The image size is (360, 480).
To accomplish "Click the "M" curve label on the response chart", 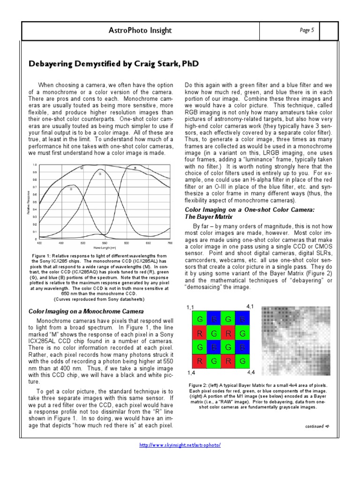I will (x=82, y=167).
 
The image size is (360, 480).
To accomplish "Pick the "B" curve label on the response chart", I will (x=71, y=189).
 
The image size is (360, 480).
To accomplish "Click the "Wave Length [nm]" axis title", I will (x=104, y=247).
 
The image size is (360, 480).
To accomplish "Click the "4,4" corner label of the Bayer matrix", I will (x=251, y=373).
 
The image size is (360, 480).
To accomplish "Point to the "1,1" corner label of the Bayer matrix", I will (x=190, y=307).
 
